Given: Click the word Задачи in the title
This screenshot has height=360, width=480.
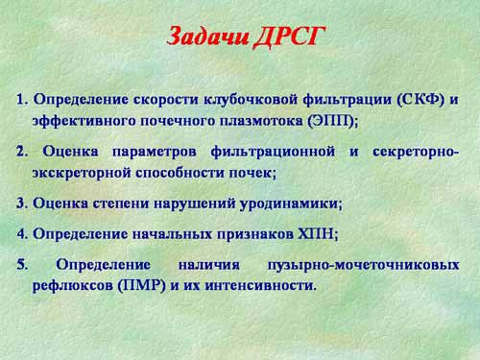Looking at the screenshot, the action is tap(208, 36).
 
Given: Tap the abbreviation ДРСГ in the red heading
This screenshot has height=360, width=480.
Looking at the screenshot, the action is tap(290, 36).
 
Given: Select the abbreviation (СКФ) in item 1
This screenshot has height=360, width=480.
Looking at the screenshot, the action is tap(420, 100).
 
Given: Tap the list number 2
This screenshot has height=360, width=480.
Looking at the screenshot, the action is tap(22, 152).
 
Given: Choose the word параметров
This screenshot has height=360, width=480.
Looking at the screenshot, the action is tap(155, 152).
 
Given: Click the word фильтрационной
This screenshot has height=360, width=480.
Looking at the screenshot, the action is tap(273, 152).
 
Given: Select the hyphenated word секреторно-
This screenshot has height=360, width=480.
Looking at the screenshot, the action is tap(416, 152).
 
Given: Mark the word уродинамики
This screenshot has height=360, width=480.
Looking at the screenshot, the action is tap(290, 204).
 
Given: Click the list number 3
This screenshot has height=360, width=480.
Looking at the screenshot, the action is tap(22, 204).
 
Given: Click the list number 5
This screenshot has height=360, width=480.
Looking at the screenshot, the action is tap(22, 265).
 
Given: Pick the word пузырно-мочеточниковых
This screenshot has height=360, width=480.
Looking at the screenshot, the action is tap(363, 266).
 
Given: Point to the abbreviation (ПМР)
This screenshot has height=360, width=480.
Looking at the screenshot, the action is tap(142, 285).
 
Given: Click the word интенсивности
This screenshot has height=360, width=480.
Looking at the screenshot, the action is tap(258, 285).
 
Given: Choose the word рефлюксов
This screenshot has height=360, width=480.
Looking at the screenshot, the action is tap(73, 285).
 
